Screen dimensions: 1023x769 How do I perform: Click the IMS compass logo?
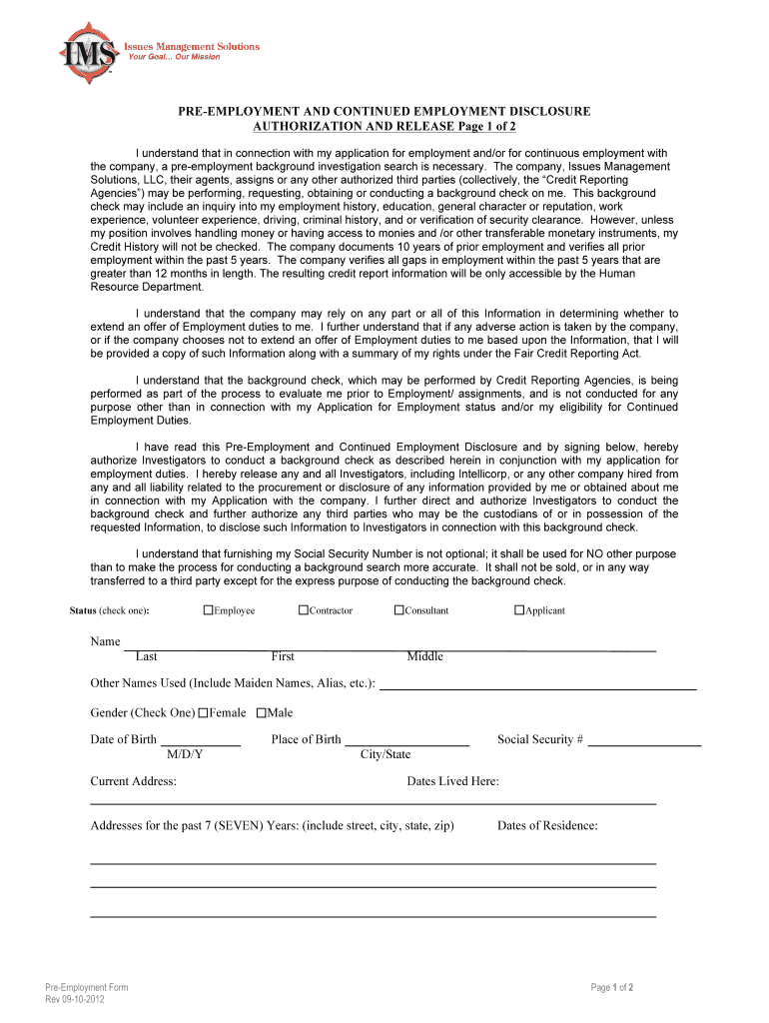tap(89, 50)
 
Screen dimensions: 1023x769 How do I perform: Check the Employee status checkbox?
tap(208, 610)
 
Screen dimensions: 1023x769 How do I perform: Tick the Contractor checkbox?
tap(303, 610)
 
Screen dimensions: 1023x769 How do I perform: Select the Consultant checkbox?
tap(398, 610)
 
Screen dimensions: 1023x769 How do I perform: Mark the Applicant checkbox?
tap(519, 610)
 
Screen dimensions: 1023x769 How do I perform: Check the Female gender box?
tap(203, 713)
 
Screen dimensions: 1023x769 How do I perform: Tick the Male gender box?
tap(262, 713)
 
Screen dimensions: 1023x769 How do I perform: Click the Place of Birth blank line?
tap(406, 740)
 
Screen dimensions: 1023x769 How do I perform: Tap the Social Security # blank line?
tap(644, 740)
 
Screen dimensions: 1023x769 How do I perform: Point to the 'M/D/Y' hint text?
tap(186, 754)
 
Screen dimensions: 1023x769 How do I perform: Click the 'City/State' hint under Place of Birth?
tap(384, 754)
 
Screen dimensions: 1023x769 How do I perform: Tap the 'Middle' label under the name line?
tap(424, 656)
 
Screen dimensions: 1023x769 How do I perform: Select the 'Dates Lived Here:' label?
tap(452, 781)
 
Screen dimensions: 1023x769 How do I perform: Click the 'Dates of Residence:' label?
tap(547, 825)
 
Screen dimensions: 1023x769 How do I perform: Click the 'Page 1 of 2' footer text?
tap(612, 988)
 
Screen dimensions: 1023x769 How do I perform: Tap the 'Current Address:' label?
tap(133, 781)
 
